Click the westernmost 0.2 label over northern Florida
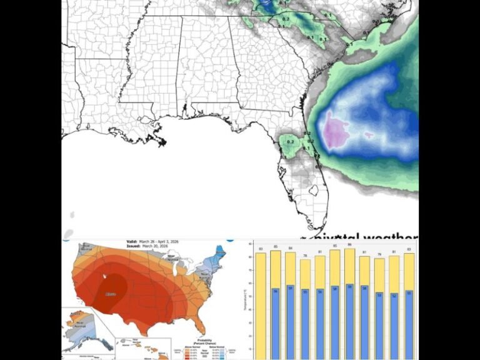coord(290,142)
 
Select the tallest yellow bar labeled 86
coord(349,266)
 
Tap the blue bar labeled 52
coord(395,325)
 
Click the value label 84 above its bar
coord(291,247)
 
